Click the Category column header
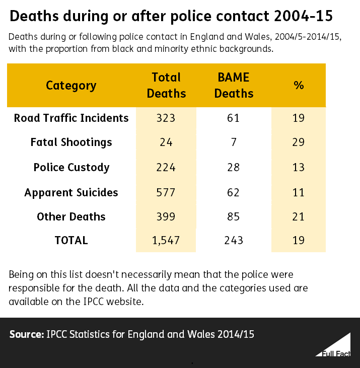pos(71,85)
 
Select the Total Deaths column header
pos(166,85)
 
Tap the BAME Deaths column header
pos(234,85)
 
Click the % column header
pos(299,85)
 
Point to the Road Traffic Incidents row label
pos(71,118)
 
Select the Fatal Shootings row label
pos(71,142)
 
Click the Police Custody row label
pos(71,167)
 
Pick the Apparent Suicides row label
pos(71,192)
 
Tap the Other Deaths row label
pos(71,216)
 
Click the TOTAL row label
pos(71,241)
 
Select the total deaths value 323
pos(166,118)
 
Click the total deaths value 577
pos(166,192)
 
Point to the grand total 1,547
pos(166,241)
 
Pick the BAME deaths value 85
pos(234,216)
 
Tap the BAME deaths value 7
pos(234,142)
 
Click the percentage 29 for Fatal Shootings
pos(299,142)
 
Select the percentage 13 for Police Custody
pos(299,167)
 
